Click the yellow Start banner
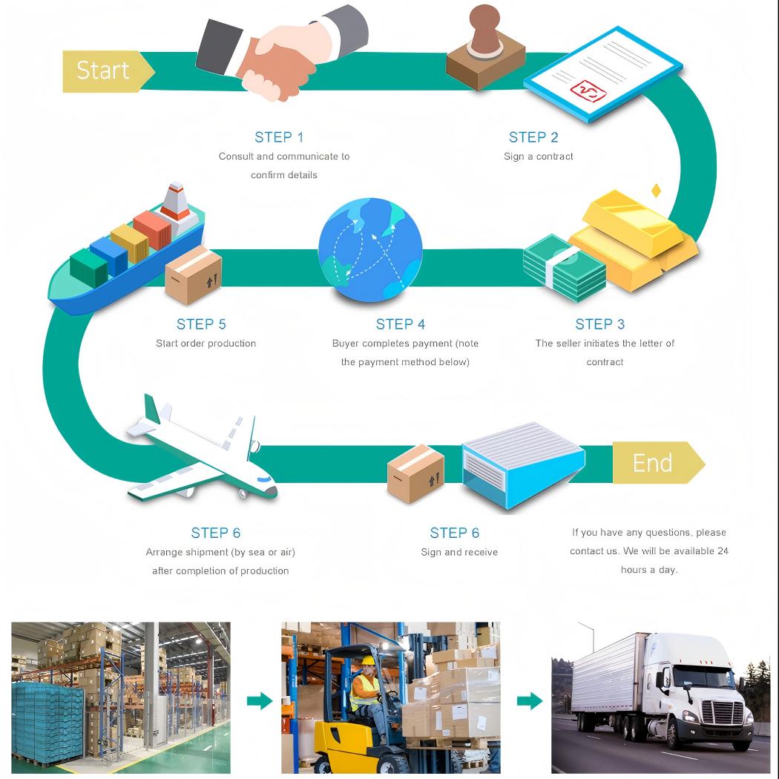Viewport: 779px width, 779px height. point(105,70)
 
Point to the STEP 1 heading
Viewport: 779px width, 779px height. point(279,137)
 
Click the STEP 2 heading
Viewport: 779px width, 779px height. point(533,137)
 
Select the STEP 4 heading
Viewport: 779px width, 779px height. point(401,324)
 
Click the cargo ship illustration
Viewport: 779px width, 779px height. point(126,252)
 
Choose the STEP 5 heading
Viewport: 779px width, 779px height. point(201,324)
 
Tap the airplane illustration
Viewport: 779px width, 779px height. point(200,453)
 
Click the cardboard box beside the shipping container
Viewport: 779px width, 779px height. point(415,474)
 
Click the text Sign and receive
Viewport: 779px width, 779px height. point(459,552)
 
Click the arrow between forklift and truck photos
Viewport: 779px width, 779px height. point(529,700)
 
